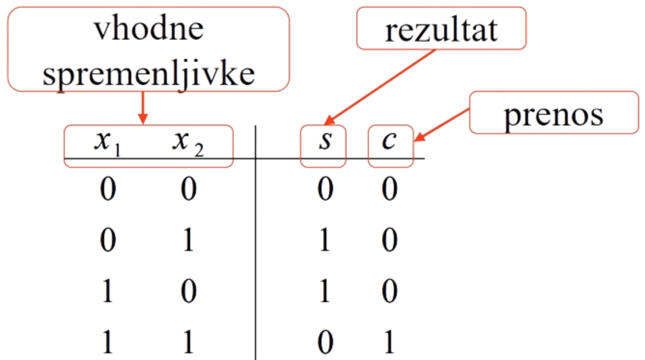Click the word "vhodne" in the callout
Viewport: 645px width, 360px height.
click(149, 30)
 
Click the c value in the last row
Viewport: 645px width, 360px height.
click(389, 342)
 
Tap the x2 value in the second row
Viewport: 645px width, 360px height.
click(188, 240)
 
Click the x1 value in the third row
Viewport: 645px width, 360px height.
click(107, 291)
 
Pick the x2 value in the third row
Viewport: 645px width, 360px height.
click(188, 291)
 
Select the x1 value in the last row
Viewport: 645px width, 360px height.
click(107, 342)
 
